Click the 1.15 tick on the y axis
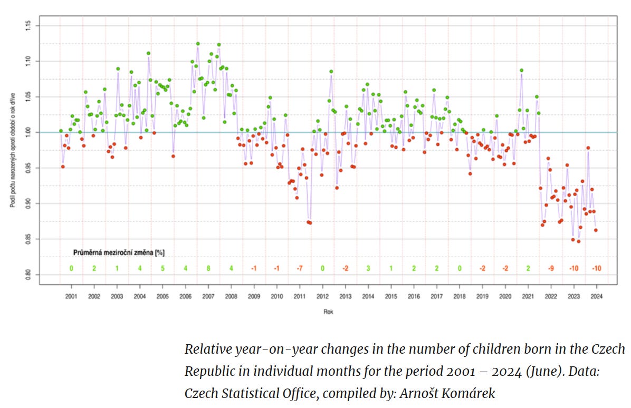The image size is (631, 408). pyautogui.click(x=28, y=25)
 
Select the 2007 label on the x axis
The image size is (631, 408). pyautogui.click(x=208, y=297)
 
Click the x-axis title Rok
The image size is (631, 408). pyautogui.click(x=329, y=312)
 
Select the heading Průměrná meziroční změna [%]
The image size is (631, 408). pyautogui.click(x=119, y=252)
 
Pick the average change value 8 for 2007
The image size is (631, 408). pyautogui.click(x=208, y=268)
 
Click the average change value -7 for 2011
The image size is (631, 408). pyautogui.click(x=299, y=268)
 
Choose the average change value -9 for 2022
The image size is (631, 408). pyautogui.click(x=550, y=268)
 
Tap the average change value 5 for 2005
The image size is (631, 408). pyautogui.click(x=162, y=268)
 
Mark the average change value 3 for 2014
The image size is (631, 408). pyautogui.click(x=368, y=268)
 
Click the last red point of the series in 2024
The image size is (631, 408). pyautogui.click(x=596, y=230)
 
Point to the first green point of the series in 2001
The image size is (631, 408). pyautogui.click(x=61, y=131)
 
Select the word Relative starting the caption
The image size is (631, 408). pyautogui.click(x=205, y=349)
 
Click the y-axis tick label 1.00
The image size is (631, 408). pyautogui.click(x=28, y=132)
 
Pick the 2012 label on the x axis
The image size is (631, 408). pyautogui.click(x=322, y=297)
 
